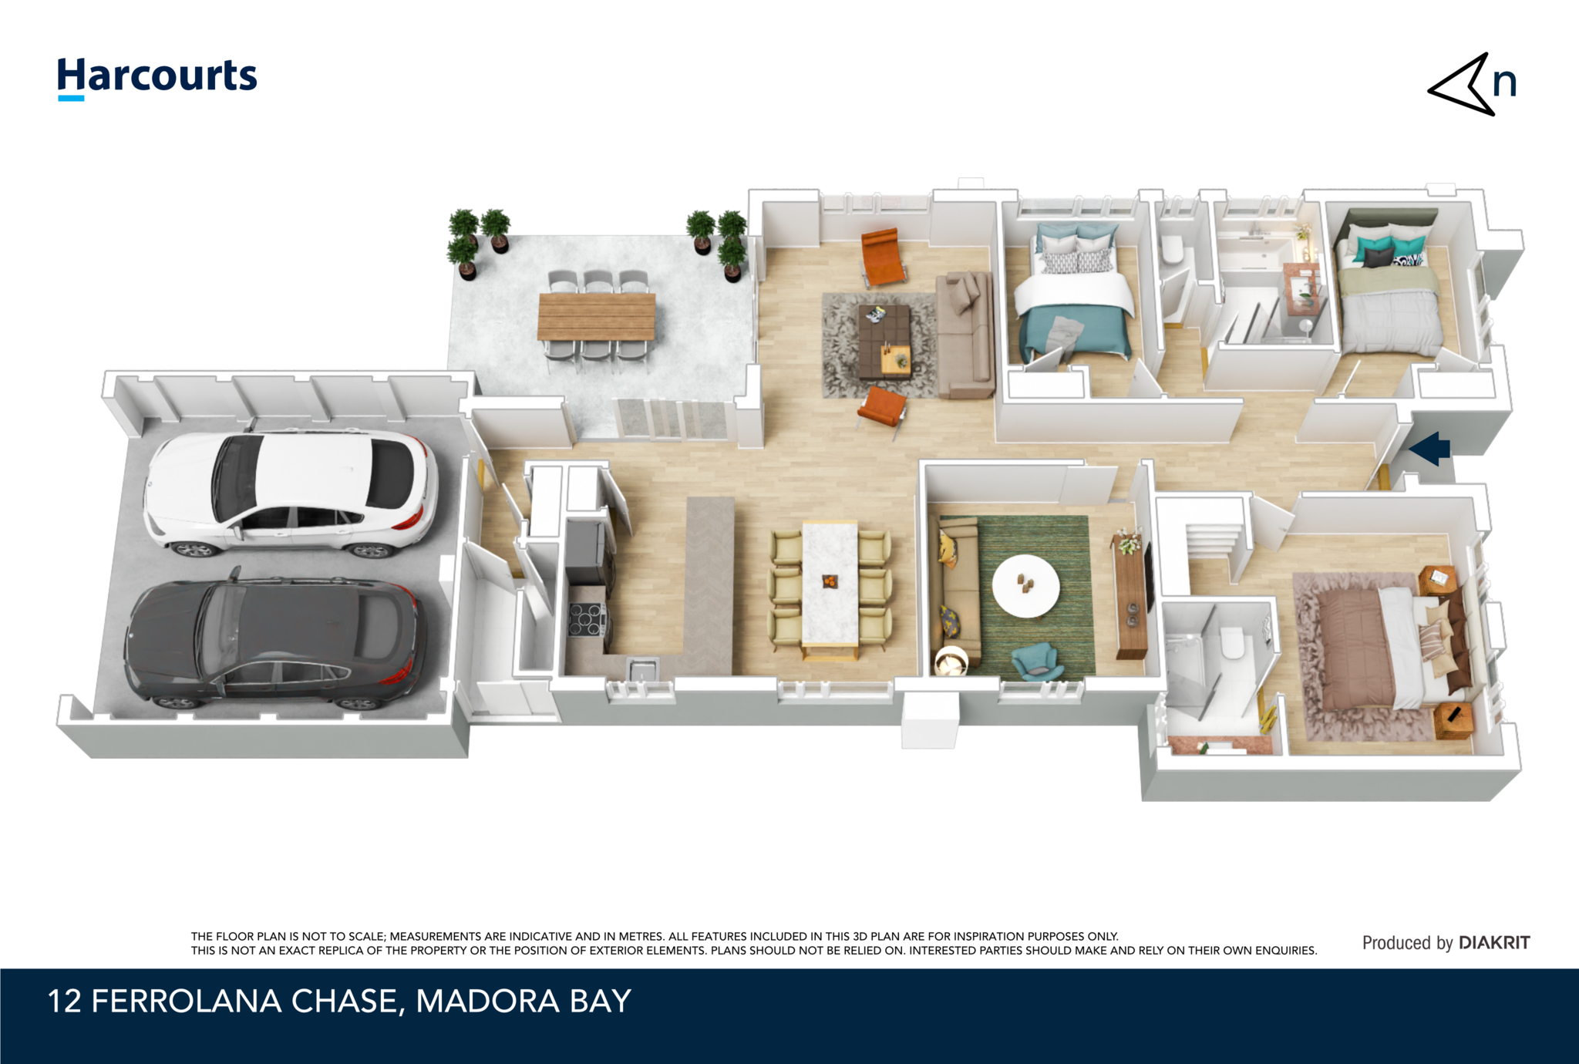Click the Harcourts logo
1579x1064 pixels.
point(157,77)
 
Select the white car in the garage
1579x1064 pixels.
point(291,493)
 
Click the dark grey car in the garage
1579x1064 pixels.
point(274,641)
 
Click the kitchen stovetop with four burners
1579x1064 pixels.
point(587,618)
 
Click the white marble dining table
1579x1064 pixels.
point(830,584)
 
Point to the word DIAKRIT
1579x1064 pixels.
point(1494,942)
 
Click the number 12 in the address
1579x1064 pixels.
point(64,1002)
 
